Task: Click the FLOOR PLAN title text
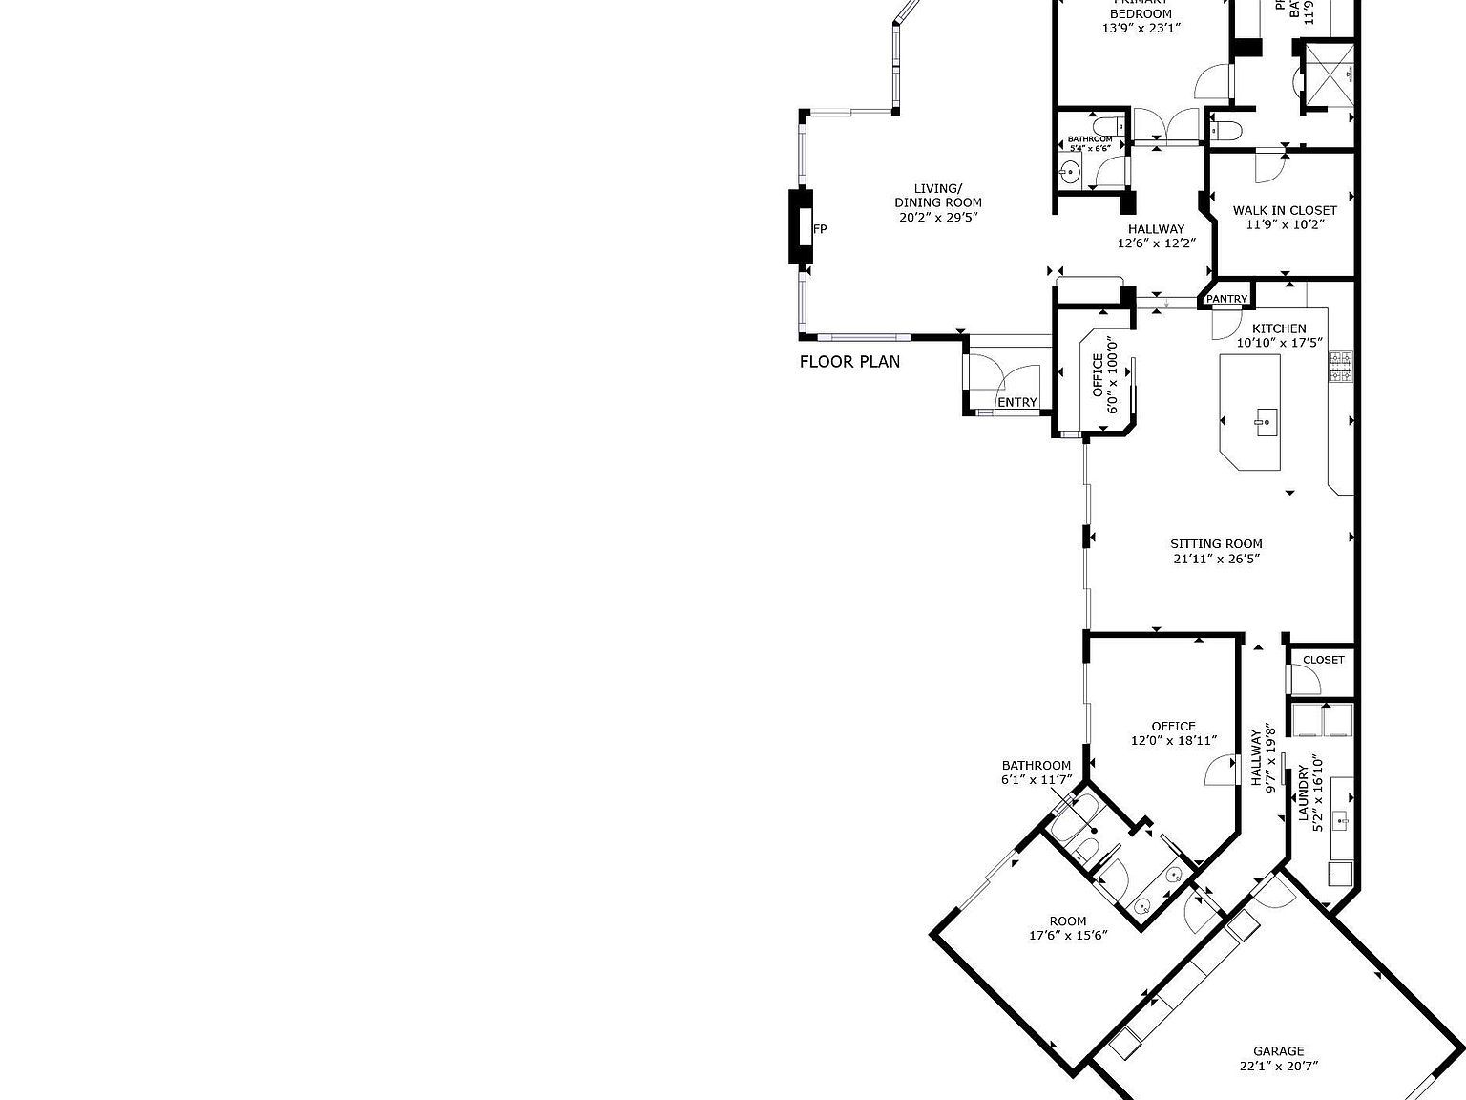[848, 362]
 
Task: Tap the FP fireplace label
[819, 229]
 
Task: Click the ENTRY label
[1016, 403]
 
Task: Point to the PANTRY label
[1226, 299]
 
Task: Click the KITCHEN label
[1279, 328]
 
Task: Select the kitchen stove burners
[1341, 366]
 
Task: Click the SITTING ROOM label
[1216, 544]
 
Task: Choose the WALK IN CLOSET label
[1285, 210]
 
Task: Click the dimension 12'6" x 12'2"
[1157, 243]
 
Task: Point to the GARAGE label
[1279, 1051]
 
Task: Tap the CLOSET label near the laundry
[1323, 660]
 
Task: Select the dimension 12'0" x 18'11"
[1173, 740]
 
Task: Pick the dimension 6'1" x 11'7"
[1036, 779]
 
